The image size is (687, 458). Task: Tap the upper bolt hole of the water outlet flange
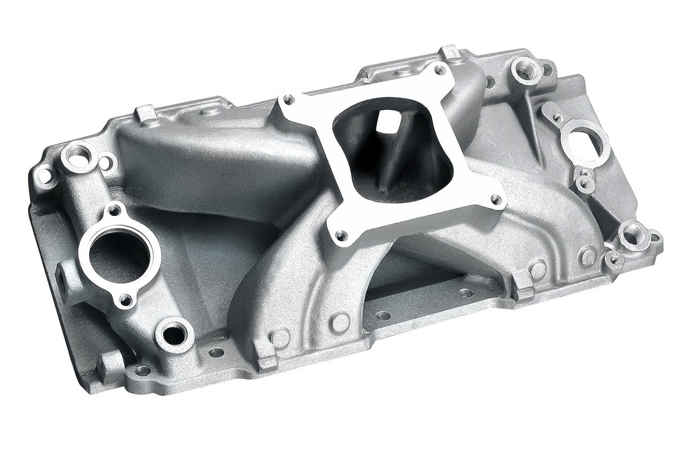[x=115, y=211]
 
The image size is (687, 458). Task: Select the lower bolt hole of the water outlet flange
[x=125, y=298]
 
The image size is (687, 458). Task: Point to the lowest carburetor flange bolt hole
[x=341, y=235]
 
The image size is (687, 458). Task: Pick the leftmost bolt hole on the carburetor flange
[x=288, y=99]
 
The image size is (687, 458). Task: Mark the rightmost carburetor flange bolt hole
[x=496, y=199]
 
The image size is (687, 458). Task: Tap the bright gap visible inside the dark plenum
[x=383, y=121]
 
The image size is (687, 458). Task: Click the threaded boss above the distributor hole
[x=526, y=69]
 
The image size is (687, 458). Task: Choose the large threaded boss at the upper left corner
[x=79, y=156]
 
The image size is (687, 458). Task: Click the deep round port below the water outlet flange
[x=174, y=333]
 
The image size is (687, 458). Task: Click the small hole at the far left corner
[x=44, y=176]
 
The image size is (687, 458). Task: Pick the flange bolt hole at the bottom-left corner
[x=142, y=370]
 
